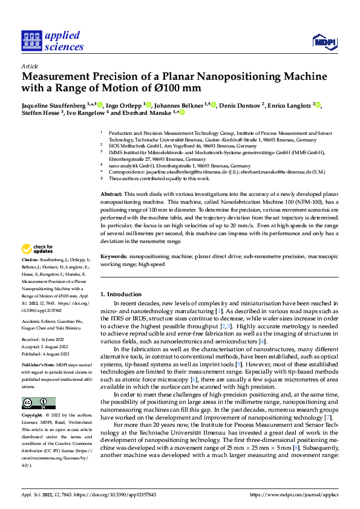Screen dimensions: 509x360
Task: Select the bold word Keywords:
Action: point(113,257)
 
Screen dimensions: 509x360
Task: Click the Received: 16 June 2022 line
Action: point(46,340)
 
